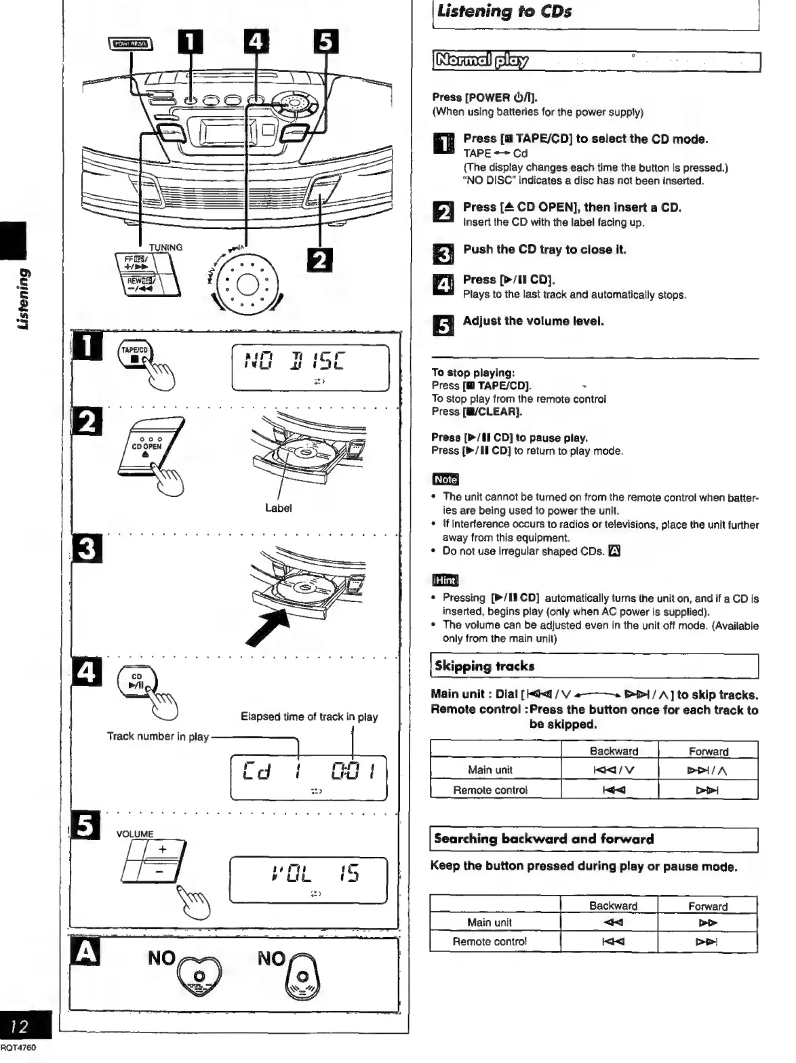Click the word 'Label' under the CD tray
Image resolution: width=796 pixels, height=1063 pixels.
point(278,508)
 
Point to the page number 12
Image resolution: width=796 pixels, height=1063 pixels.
point(22,1026)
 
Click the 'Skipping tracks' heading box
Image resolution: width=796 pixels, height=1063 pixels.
point(484,666)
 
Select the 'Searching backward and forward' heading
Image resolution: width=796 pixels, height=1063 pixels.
point(544,839)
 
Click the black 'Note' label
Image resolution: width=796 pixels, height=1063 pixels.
point(445,479)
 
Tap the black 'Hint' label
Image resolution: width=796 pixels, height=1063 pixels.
point(445,580)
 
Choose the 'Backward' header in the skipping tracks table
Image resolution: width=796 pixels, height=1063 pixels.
point(614,751)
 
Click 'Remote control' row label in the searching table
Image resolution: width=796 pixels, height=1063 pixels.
point(490,941)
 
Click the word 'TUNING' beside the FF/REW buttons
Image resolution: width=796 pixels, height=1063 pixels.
point(165,247)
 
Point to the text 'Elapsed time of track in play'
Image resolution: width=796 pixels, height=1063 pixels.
point(309,717)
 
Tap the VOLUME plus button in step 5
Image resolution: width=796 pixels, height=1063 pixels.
point(163,849)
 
